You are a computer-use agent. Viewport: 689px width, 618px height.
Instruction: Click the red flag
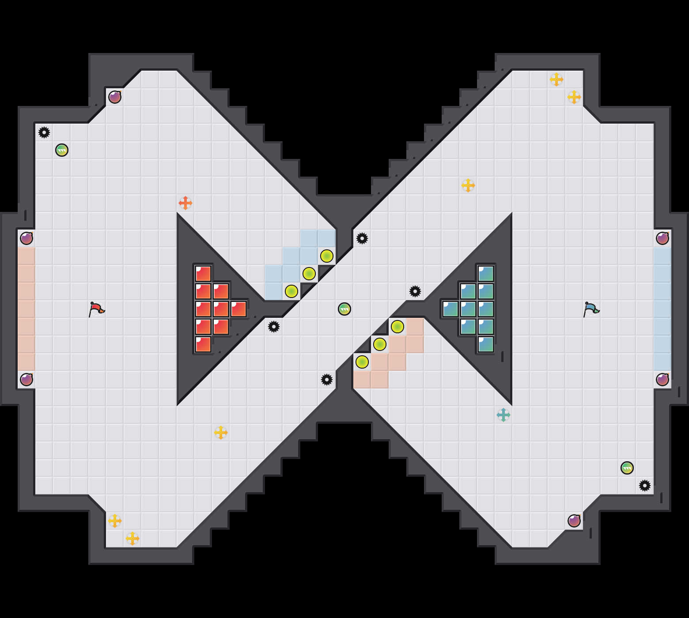[96, 309]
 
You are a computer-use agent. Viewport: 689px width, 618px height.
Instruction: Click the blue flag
[591, 309]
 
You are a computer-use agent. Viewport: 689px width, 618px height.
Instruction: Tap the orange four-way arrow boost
[185, 203]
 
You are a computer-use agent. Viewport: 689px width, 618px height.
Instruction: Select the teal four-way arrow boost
[503, 415]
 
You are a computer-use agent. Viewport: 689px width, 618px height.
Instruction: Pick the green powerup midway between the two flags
[344, 309]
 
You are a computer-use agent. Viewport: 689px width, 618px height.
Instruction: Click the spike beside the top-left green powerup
[44, 132]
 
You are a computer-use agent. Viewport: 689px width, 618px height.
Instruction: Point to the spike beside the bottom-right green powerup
[645, 486]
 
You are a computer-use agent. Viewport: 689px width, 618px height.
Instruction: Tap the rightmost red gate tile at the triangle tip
[238, 309]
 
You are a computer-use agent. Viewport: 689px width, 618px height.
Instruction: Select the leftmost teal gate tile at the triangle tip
[450, 309]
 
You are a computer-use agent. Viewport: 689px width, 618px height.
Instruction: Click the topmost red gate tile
[203, 274]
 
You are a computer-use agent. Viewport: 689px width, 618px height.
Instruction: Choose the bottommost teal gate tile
[486, 344]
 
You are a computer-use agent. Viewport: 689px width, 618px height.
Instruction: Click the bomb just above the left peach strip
[26, 238]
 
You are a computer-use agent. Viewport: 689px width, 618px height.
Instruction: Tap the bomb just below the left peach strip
[26, 380]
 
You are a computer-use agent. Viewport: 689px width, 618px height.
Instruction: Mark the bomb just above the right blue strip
[662, 238]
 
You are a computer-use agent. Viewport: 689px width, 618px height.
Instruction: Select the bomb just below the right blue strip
[662, 380]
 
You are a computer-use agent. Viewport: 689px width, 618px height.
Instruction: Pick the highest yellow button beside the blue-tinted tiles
[327, 256]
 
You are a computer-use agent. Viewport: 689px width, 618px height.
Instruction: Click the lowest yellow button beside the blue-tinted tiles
[291, 291]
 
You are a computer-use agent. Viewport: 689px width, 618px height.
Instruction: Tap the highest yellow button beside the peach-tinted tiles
[397, 327]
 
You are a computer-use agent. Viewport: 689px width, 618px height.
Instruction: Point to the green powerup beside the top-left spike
[62, 150]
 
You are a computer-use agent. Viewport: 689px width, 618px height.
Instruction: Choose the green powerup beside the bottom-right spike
[627, 468]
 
